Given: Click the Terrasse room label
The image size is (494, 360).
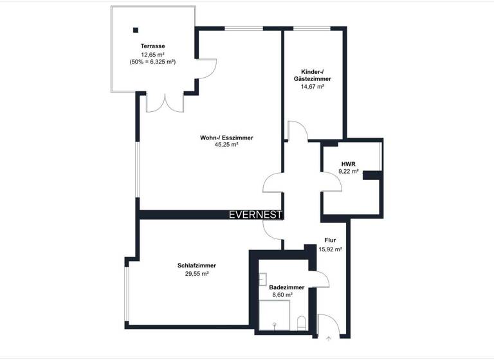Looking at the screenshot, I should [153, 46].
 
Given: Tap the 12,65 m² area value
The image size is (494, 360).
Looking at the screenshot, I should [153, 54].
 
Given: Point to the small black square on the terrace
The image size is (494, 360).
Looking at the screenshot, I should [136, 30].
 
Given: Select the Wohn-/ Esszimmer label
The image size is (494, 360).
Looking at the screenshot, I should [226, 138].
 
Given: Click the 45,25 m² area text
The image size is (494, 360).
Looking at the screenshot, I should [226, 145].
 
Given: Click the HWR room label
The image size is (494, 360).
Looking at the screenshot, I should [348, 164].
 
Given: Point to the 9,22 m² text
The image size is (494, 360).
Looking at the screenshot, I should [349, 172].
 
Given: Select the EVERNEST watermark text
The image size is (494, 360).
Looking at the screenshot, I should [255, 215].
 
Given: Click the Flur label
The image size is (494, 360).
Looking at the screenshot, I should [330, 240].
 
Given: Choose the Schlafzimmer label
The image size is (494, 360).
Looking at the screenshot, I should [196, 265].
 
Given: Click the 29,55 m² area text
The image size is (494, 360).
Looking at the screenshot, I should [196, 274].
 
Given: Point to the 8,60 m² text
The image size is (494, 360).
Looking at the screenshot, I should [282, 295].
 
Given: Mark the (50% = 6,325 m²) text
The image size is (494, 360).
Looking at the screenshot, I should [152, 62].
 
